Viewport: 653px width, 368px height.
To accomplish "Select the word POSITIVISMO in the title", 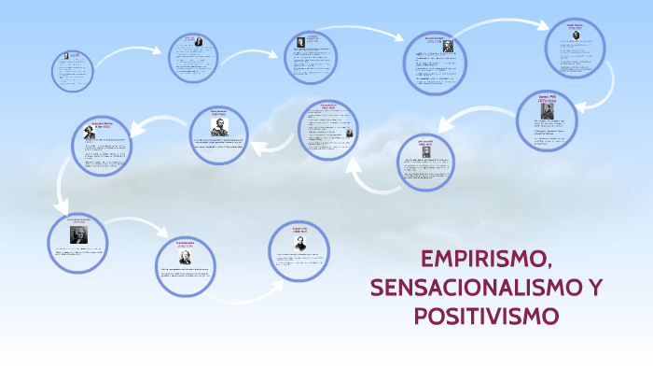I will [x=486, y=316].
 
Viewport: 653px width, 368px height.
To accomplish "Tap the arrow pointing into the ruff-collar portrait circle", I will [x=275, y=141].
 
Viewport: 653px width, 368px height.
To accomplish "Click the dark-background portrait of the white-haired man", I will [x=78, y=234].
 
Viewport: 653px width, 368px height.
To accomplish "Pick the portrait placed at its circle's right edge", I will [x=350, y=134].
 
